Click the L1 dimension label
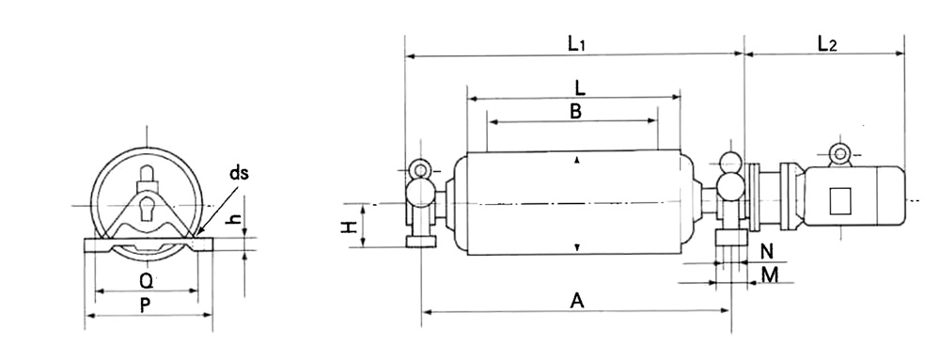pyautogui.click(x=576, y=43)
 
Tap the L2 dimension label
pyautogui.click(x=827, y=43)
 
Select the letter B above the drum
pyautogui.click(x=575, y=112)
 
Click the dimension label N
pyautogui.click(x=767, y=252)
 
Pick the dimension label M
pyautogui.click(x=770, y=275)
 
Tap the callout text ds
pyautogui.click(x=239, y=174)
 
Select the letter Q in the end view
pyautogui.click(x=146, y=280)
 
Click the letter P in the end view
pyautogui.click(x=145, y=305)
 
